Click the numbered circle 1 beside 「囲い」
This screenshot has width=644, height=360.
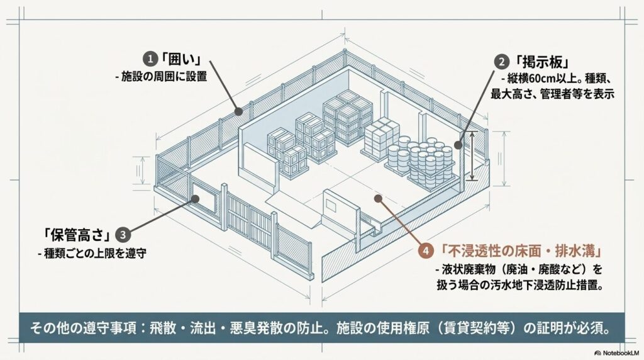point(150,59)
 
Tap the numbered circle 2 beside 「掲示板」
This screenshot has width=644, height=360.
point(501,62)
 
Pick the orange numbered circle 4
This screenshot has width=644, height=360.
point(426,250)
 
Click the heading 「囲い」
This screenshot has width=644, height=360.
point(181,59)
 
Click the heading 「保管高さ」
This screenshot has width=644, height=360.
point(77,235)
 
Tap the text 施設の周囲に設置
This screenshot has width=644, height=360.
point(164,77)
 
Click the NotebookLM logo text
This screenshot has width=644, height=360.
point(620,352)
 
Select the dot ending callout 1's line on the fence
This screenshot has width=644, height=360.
point(238,111)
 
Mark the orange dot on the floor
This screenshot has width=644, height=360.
point(378,198)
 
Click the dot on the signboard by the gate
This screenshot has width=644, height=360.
point(196,199)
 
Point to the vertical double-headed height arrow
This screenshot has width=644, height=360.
point(473,155)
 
